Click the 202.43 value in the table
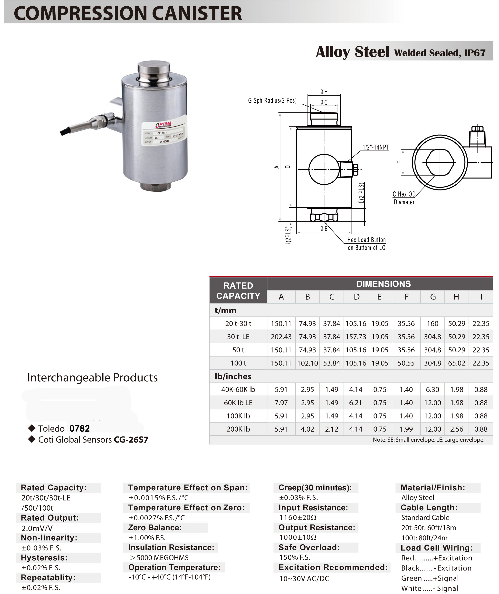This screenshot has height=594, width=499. (x=281, y=337)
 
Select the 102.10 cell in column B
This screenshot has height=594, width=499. (x=307, y=363)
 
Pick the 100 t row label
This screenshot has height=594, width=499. (x=238, y=363)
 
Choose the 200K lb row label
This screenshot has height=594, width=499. (x=238, y=429)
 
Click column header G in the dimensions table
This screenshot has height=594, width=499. (x=432, y=297)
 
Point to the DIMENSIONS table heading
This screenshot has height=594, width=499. (x=383, y=284)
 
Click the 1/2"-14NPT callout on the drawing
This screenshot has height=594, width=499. (x=376, y=147)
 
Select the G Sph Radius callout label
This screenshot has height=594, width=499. (x=272, y=100)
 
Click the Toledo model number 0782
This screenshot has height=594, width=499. (x=79, y=428)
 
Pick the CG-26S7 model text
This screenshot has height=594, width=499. (x=131, y=439)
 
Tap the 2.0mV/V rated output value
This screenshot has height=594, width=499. (x=37, y=528)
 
